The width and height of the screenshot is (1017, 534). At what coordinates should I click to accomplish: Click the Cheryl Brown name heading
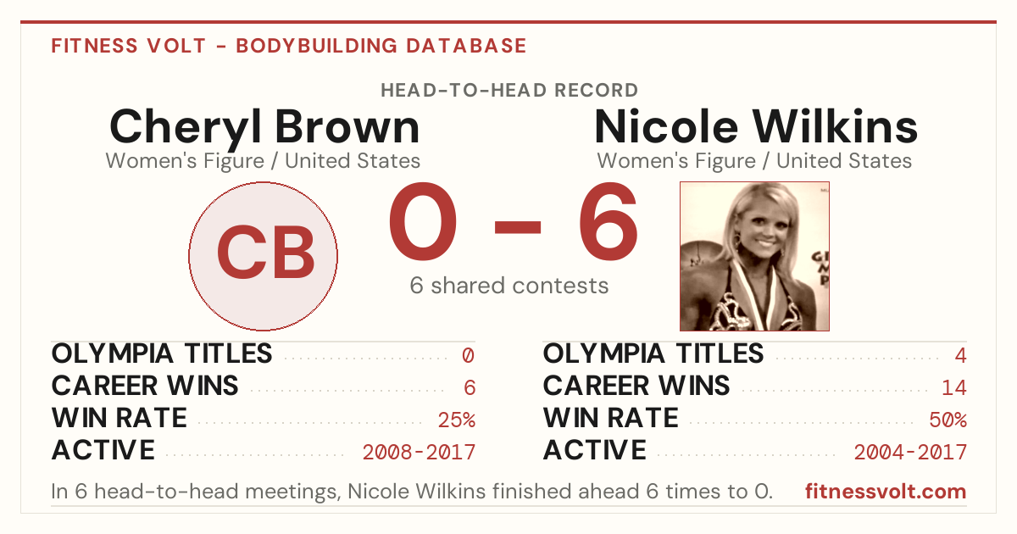pos(264,128)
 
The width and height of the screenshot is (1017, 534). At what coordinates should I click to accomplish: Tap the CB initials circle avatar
pos(264,256)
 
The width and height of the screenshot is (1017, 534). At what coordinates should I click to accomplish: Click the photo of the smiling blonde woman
pos(754,256)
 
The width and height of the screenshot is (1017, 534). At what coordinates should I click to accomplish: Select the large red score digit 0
pos(422,221)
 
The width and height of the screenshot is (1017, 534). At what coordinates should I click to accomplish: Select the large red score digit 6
pos(609,221)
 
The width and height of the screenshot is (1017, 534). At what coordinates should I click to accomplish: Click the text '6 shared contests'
pos(509,286)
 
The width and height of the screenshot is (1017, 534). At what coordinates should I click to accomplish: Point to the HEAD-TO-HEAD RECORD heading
pos(509,91)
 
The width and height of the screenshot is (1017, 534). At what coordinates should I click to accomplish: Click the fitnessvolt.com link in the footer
pos(886,492)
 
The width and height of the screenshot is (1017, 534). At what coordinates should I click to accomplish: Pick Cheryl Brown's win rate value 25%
pos(457,420)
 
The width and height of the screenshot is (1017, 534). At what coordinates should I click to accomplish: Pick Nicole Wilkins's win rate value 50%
pos(948,420)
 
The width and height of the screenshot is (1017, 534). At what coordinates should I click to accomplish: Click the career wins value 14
pos(954,387)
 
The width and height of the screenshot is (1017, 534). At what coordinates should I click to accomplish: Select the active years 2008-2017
pos(419,452)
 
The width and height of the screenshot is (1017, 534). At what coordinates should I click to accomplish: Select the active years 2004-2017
pos(910,452)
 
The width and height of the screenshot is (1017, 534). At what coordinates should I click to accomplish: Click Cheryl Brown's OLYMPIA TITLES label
pos(162,353)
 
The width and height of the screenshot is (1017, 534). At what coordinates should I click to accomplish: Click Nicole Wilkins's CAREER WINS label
pos(636,386)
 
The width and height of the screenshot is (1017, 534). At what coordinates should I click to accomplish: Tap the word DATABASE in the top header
pos(466,46)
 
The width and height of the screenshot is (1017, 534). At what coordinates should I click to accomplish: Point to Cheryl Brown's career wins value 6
pos(470,387)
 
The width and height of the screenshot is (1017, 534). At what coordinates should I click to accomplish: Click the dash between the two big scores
pos(518,227)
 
